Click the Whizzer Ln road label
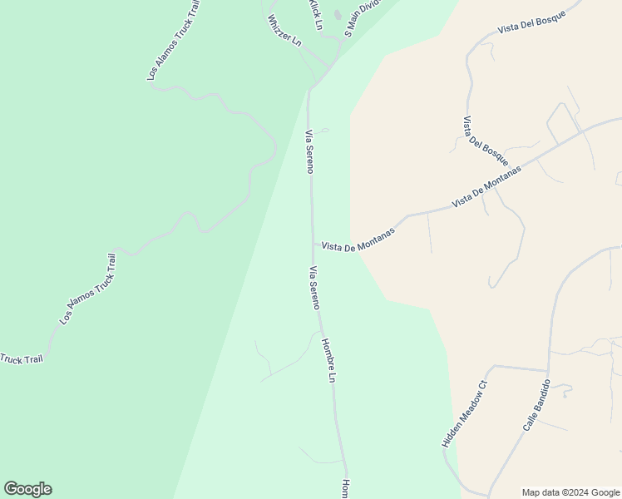click(x=284, y=32)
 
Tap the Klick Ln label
click(x=315, y=14)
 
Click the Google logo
click(x=27, y=489)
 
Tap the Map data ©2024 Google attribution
click(x=570, y=492)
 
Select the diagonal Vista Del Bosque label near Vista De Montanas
click(x=485, y=141)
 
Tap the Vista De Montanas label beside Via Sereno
click(x=358, y=242)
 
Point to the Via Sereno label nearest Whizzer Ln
click(x=309, y=151)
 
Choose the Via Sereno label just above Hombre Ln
click(x=314, y=287)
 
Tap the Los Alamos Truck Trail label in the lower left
click(x=87, y=288)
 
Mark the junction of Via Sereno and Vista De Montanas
click(x=313, y=243)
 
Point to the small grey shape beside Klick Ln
click(x=337, y=14)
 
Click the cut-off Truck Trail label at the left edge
click(x=21, y=359)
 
